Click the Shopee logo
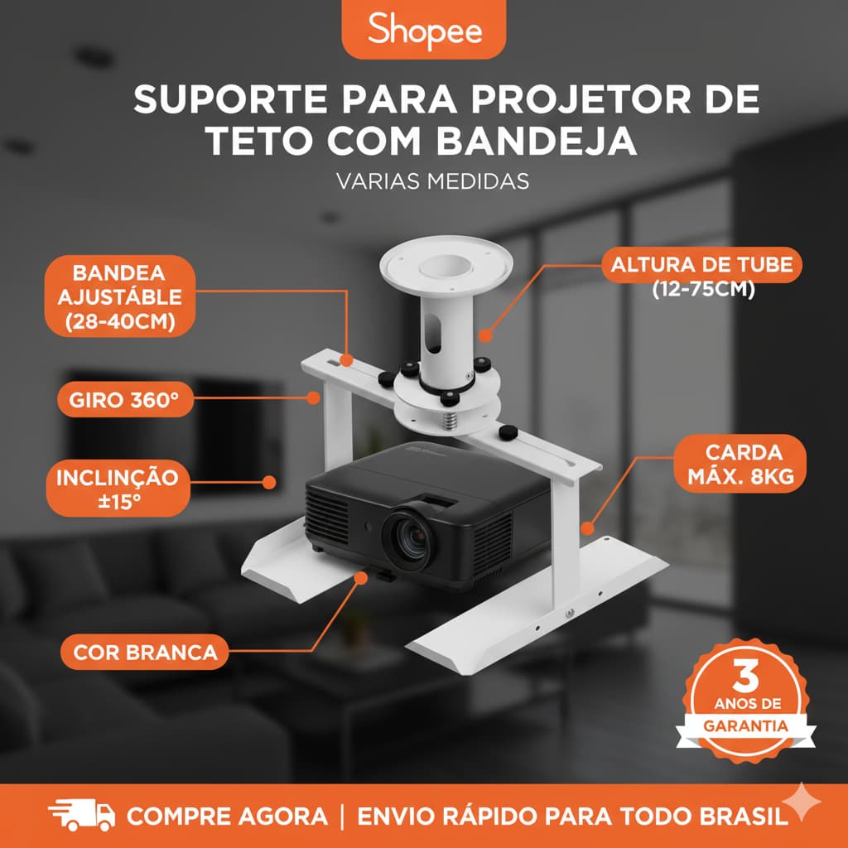[x=424, y=30]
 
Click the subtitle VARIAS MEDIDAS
[x=432, y=181]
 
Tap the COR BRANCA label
[x=145, y=652]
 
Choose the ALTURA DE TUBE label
[x=701, y=266]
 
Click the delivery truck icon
[x=81, y=815]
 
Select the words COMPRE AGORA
[x=226, y=816]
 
